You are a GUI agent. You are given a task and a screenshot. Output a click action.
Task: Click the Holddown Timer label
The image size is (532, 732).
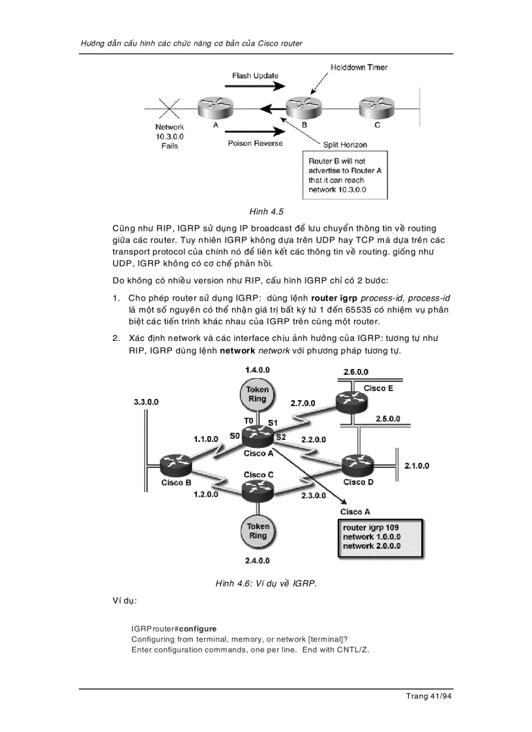(x=359, y=67)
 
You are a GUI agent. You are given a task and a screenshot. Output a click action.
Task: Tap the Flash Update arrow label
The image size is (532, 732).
(x=255, y=76)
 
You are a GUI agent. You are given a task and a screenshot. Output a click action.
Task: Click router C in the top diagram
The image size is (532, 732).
(x=377, y=106)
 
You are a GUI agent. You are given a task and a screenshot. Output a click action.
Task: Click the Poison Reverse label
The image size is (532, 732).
(x=255, y=143)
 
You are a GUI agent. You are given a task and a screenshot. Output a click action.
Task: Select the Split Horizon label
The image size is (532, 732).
(x=345, y=145)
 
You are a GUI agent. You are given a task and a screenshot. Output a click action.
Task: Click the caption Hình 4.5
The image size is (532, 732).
(x=266, y=212)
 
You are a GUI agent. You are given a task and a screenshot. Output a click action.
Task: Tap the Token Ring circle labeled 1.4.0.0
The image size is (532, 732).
(x=258, y=394)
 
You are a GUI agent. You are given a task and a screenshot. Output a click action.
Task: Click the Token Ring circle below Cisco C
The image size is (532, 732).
(x=258, y=531)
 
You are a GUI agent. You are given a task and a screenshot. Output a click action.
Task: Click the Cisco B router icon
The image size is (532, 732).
(x=177, y=464)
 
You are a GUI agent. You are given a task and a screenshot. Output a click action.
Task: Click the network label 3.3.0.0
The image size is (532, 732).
(x=146, y=402)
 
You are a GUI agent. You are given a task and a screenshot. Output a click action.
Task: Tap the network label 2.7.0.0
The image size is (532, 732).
(x=303, y=403)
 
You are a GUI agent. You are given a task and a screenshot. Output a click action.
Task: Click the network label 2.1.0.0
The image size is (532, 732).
(x=417, y=465)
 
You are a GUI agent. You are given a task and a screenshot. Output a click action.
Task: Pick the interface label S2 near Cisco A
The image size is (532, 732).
(x=280, y=437)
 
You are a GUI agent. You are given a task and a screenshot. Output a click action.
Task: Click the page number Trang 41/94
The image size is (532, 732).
(x=428, y=696)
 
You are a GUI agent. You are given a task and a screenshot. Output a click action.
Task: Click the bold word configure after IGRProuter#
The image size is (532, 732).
(x=198, y=629)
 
